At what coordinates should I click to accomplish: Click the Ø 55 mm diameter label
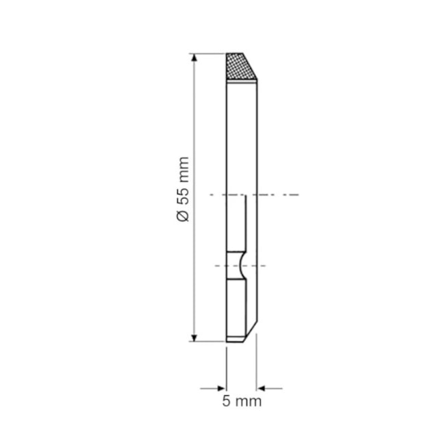click(183, 189)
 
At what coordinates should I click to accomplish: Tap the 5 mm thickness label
click(242, 401)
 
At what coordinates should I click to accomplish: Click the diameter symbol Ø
click(183, 216)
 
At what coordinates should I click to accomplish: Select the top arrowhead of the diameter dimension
click(194, 58)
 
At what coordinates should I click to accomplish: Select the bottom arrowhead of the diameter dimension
click(194, 338)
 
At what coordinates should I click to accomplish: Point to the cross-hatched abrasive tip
click(239, 66)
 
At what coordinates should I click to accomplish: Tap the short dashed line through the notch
click(240, 266)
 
